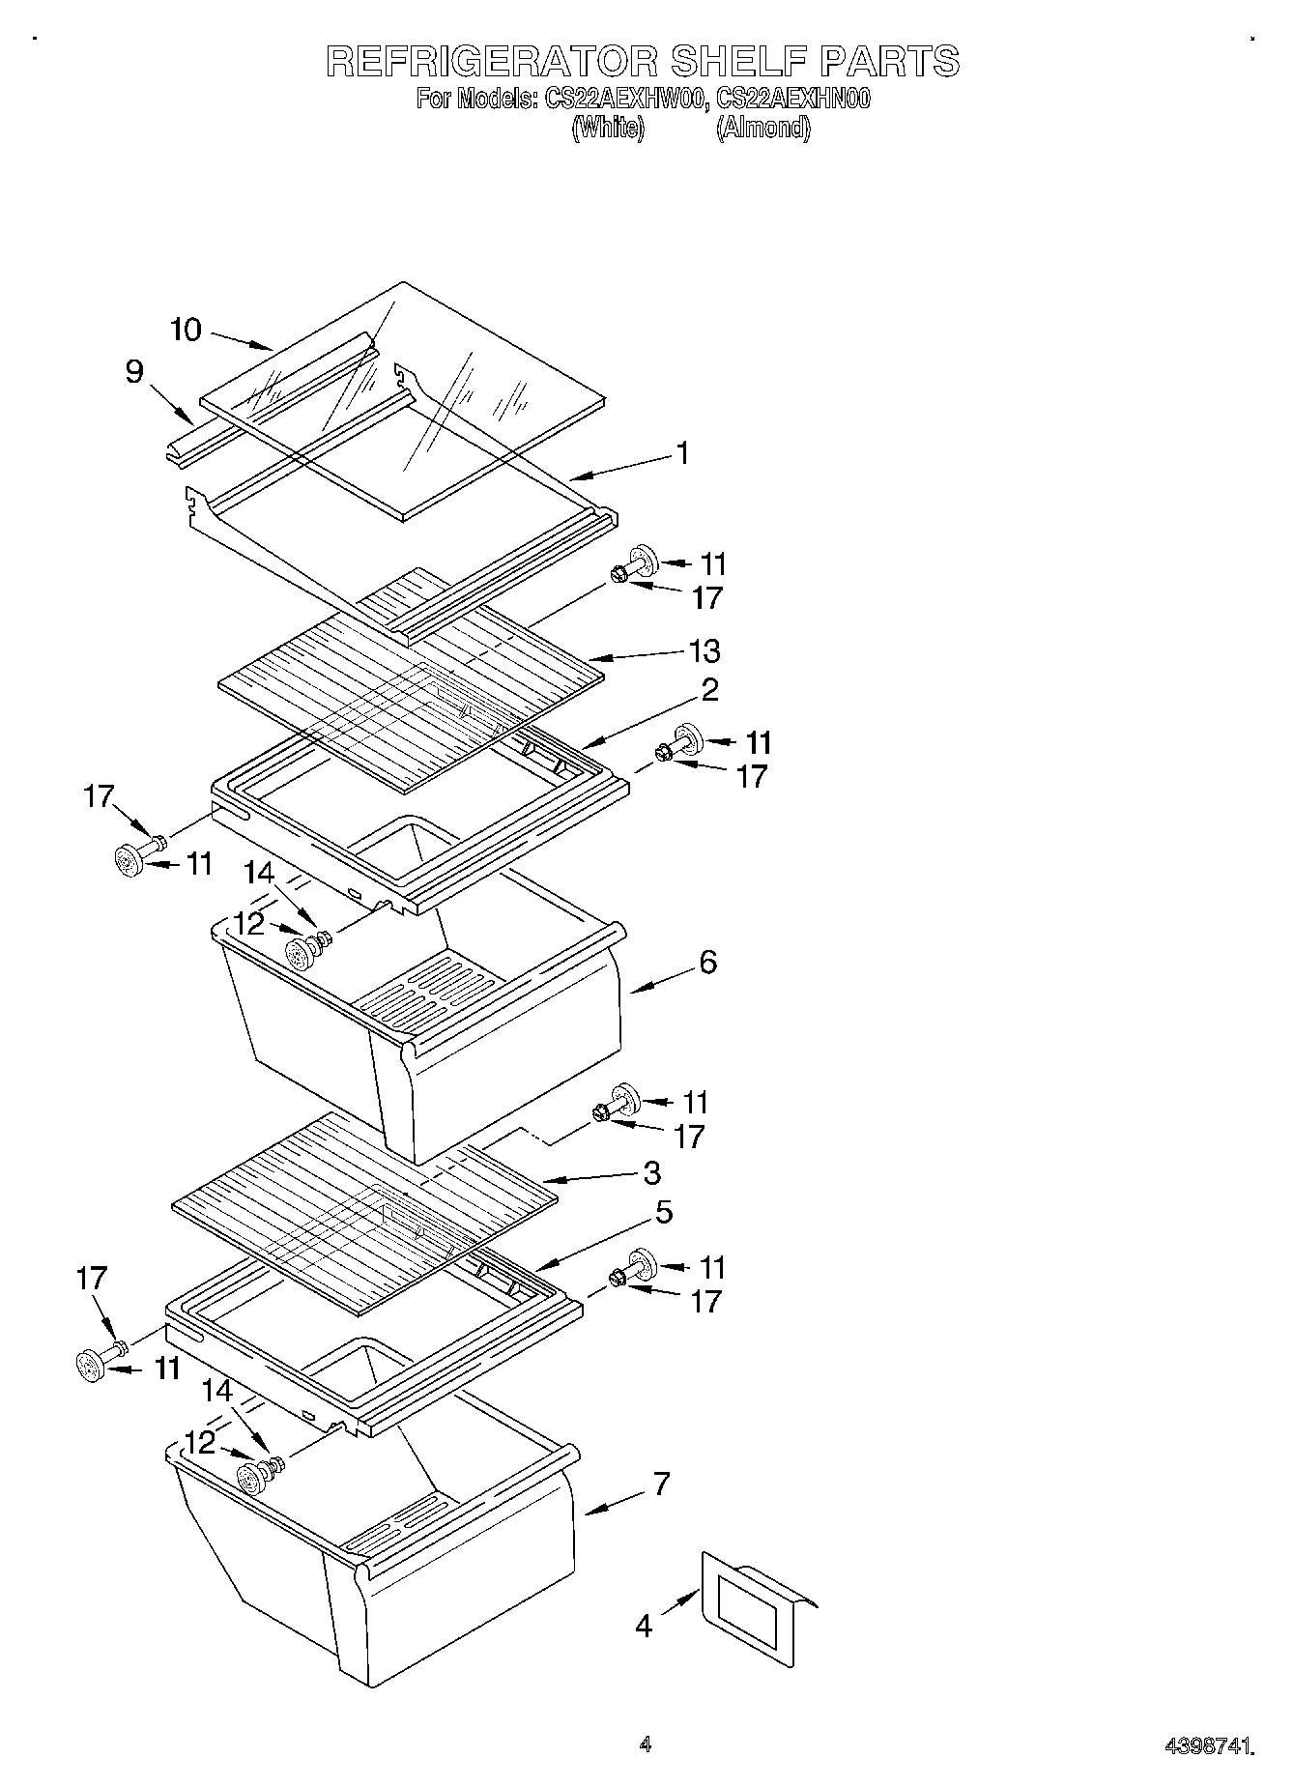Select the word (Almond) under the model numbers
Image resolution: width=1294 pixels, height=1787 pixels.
click(762, 129)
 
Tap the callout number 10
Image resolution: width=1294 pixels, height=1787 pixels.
click(186, 331)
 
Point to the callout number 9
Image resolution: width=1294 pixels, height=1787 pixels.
click(134, 372)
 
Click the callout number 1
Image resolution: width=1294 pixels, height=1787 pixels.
click(682, 453)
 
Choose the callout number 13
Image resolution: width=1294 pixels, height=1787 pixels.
click(705, 651)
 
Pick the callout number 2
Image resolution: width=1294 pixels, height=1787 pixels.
click(709, 690)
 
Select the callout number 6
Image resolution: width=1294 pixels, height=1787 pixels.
click(707, 963)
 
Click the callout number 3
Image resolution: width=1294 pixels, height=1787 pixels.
click(652, 1173)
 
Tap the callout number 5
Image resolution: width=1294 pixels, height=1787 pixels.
click(664, 1213)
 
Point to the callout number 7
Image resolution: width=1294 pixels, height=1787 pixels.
click(661, 1484)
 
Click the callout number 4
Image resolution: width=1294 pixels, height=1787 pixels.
click(644, 1626)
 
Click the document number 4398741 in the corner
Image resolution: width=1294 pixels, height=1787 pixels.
click(1212, 1745)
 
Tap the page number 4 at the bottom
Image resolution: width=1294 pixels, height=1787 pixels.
click(645, 1744)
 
